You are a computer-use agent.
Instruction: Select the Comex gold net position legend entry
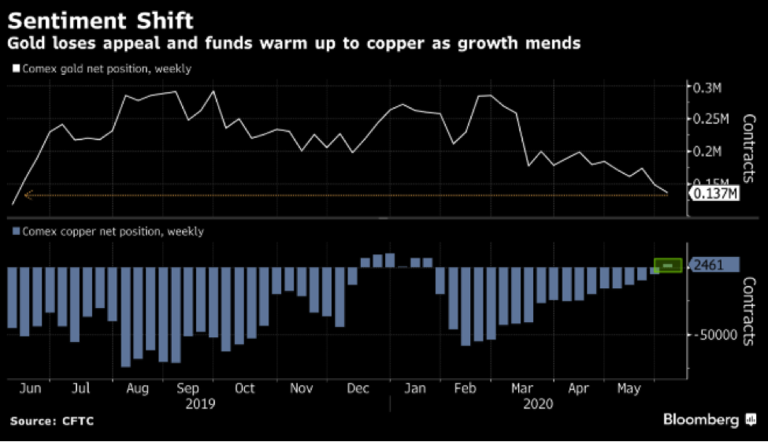pos(102,69)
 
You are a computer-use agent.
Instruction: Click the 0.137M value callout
pos(714,193)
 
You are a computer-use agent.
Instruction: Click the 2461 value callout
pos(714,266)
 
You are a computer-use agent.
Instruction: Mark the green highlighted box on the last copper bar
pos(668,266)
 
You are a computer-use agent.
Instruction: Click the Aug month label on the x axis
pos(138,388)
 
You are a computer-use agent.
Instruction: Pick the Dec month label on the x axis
pos(358,388)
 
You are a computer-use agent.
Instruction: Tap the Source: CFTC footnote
pos(52,422)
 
